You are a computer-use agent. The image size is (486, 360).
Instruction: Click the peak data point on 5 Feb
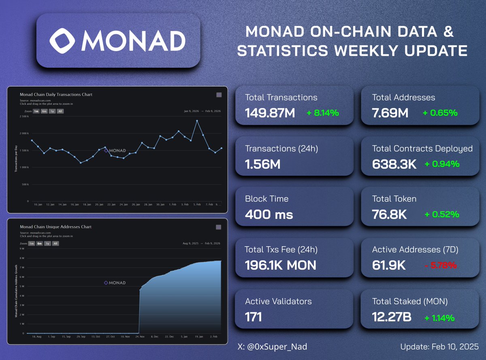click(x=197, y=121)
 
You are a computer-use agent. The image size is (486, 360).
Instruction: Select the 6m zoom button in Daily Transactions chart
click(x=44, y=111)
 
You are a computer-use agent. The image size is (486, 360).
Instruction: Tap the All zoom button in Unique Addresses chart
click(x=55, y=243)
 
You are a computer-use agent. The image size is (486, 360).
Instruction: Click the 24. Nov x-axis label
click(x=139, y=337)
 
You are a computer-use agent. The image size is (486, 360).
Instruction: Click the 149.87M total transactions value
click(x=270, y=113)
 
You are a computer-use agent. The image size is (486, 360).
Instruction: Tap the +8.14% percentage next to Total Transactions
click(x=322, y=113)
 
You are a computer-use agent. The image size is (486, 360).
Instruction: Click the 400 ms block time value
click(x=269, y=214)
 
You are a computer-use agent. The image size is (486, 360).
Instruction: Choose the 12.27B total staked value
click(x=392, y=317)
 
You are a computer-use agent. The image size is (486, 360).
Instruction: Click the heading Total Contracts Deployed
click(x=422, y=149)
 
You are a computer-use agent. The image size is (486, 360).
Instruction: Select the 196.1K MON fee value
click(x=280, y=265)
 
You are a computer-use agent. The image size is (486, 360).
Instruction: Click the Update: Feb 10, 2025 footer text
click(x=439, y=347)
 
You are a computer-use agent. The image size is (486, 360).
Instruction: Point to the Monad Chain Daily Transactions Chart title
click(x=56, y=94)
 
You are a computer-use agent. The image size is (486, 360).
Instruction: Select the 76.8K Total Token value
click(x=389, y=214)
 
